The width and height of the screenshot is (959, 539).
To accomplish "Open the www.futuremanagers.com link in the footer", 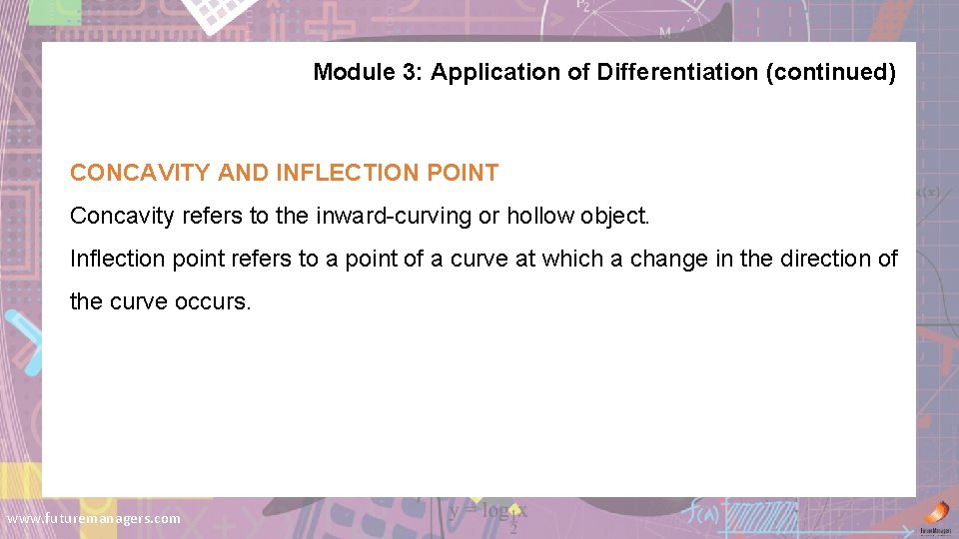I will [x=94, y=518].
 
